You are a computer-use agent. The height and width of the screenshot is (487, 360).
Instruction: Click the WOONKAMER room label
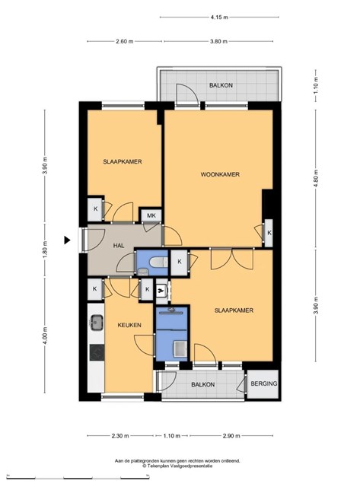tap(220, 174)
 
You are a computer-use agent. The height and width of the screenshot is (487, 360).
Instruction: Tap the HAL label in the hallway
tap(119, 246)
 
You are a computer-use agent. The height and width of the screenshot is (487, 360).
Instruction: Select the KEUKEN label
tap(129, 325)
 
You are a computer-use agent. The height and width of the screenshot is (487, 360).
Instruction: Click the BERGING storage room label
tap(264, 384)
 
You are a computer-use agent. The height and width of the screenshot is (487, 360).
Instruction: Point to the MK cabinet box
tap(151, 215)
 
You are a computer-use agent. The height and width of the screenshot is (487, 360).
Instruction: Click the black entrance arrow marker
tap(67, 240)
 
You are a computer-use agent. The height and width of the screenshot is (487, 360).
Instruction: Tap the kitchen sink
tap(97, 323)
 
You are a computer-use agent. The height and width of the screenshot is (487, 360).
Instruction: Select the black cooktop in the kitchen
tap(97, 352)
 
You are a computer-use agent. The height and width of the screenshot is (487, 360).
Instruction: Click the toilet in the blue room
tap(158, 262)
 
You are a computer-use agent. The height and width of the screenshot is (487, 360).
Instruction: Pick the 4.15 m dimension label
tap(219, 18)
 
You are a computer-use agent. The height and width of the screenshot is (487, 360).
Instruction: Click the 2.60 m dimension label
tap(125, 41)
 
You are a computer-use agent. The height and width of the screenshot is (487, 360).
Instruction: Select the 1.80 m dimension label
tap(45, 250)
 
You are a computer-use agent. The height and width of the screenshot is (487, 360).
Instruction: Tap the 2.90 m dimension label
tap(231, 436)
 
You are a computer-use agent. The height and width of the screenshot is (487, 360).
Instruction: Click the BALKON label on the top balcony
tap(221, 85)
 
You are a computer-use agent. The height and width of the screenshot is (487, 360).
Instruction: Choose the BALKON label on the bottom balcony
tap(202, 384)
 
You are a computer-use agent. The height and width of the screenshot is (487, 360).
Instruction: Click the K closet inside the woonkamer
tap(269, 233)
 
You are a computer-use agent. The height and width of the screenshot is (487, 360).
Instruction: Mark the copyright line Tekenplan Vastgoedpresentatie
tap(177, 466)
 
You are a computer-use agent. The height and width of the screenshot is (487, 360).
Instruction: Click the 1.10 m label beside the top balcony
tap(316, 85)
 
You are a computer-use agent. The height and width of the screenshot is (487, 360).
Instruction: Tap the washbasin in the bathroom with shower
tap(180, 349)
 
